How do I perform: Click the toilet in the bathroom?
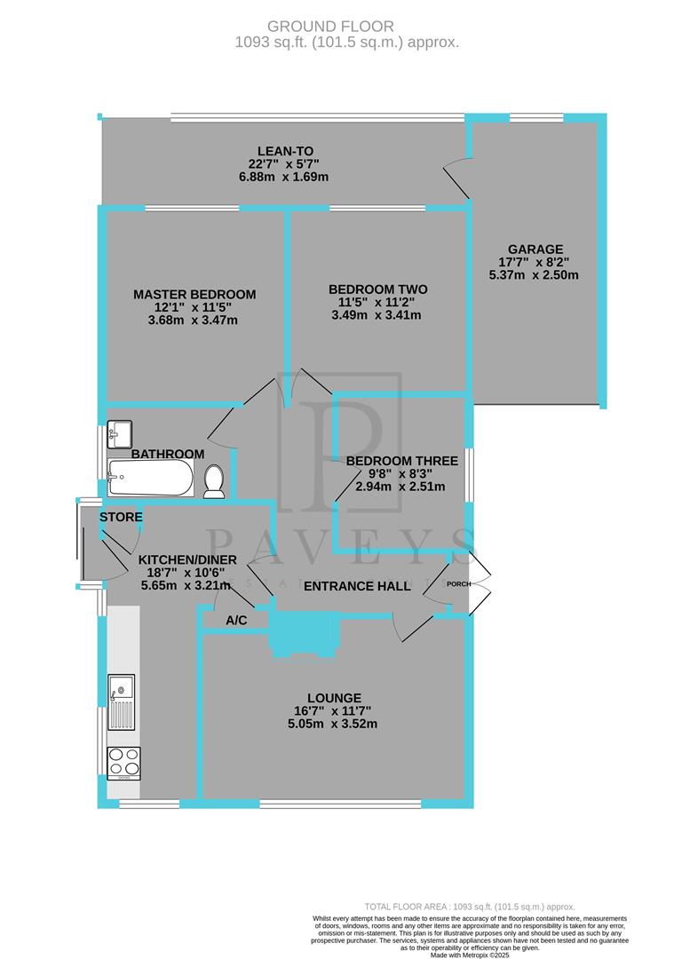click(213, 482)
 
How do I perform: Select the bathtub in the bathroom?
click(149, 479)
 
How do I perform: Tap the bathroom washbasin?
click(119, 432)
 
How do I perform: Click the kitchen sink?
click(121, 701)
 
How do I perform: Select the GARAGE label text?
click(535, 250)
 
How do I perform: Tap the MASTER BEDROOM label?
click(194, 295)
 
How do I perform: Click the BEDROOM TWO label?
click(378, 289)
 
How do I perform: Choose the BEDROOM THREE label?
click(402, 461)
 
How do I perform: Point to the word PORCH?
click(458, 584)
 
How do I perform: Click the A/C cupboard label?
click(236, 621)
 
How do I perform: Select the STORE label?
click(121, 517)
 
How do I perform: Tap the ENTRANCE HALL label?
click(358, 586)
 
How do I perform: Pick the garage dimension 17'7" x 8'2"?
click(535, 262)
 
